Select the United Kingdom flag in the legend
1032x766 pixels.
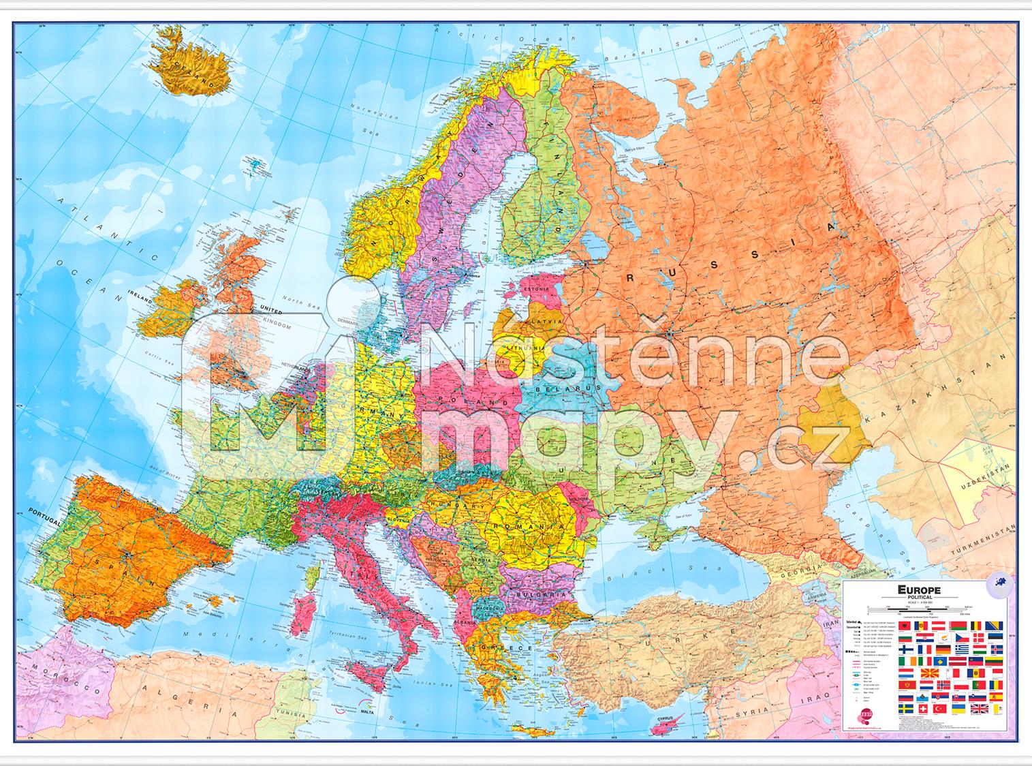pyautogui.click(x=980, y=709)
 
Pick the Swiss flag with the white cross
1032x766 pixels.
pyautogui.click(x=923, y=709)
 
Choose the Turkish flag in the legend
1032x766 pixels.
pyautogui.click(x=940, y=709)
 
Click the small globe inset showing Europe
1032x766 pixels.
pyautogui.click(x=1000, y=584)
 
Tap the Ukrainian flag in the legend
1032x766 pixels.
pyautogui.click(x=958, y=709)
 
